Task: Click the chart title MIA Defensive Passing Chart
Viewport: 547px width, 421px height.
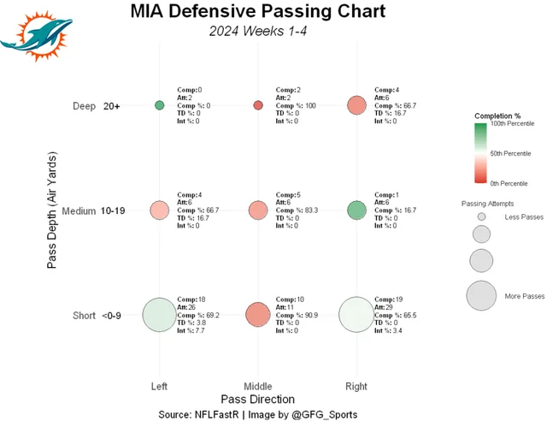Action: [257, 12]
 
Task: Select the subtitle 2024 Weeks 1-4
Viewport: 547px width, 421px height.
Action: [257, 33]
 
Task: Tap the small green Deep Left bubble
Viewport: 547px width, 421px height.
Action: [159, 105]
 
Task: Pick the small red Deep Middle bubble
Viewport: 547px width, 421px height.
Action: [258, 105]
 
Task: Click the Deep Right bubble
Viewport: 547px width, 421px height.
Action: [356, 105]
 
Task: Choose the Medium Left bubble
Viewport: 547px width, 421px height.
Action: [159, 210]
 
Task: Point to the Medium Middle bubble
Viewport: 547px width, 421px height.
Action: [258, 210]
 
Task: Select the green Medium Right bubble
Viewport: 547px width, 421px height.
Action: [356, 210]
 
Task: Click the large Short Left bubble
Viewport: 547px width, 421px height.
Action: [159, 315]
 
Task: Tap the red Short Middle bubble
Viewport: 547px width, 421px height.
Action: [258, 315]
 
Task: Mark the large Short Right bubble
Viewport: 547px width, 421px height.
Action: [356, 315]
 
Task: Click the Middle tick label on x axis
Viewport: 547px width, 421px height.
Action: [258, 386]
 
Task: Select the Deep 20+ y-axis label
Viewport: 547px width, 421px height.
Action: [97, 106]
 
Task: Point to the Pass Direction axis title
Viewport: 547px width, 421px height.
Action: [257, 399]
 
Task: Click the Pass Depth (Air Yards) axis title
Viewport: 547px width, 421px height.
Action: [52, 210]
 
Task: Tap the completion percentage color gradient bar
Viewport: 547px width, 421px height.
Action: [479, 153]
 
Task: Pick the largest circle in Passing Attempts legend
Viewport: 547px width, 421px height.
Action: [481, 295]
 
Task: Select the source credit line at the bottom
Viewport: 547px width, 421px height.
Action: [257, 414]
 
